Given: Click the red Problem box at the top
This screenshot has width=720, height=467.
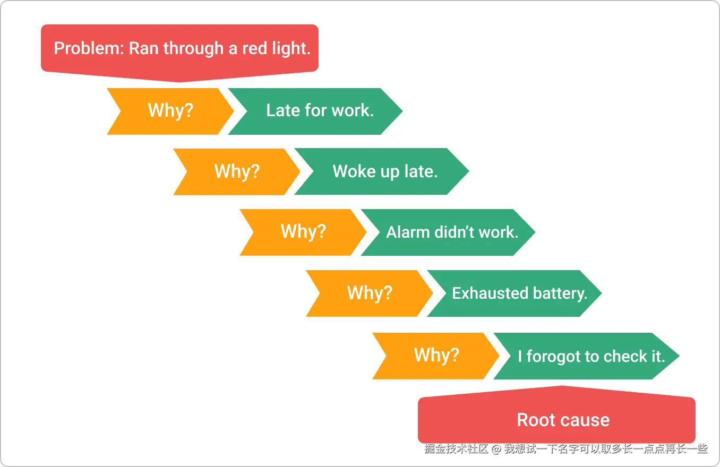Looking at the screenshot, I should click(179, 49).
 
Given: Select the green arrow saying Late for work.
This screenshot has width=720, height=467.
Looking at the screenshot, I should click(320, 111).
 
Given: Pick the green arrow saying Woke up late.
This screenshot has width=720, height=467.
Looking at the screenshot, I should click(385, 171).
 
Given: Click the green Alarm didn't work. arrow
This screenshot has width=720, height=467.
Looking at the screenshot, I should click(452, 232).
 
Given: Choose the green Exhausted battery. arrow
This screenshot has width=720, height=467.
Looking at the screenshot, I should click(519, 293).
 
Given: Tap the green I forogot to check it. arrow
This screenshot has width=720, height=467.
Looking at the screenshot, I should click(590, 356).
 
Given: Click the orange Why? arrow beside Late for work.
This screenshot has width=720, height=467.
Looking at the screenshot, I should click(170, 111).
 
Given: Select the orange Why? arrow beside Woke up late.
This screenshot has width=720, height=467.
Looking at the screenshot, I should click(236, 171).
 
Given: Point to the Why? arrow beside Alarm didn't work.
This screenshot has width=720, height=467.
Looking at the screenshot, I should click(303, 232).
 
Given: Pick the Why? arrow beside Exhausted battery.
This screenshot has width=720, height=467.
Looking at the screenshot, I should click(369, 293).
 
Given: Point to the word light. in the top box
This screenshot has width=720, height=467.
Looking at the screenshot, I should click(291, 49).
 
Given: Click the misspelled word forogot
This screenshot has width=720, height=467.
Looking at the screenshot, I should click(554, 356).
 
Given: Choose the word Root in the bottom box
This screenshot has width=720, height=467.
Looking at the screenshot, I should click(536, 420).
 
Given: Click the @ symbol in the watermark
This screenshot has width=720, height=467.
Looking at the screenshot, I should click(496, 449).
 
